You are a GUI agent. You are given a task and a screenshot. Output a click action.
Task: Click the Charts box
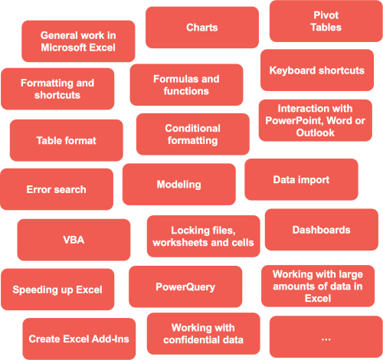coord(202,28)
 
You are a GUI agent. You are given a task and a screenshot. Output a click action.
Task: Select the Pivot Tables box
coord(326,21)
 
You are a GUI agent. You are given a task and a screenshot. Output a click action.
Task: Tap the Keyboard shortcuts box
coord(317,70)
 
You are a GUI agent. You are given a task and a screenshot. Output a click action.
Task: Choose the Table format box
coord(67,140)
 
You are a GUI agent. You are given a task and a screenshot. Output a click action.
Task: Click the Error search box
coord(57,189)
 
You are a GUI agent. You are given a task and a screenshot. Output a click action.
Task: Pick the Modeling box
coord(179,185)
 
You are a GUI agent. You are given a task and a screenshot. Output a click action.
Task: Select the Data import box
coord(301,179)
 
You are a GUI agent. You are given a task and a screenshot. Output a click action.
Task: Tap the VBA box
coord(74,240)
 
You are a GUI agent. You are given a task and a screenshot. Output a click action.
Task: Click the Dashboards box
coord(322,230)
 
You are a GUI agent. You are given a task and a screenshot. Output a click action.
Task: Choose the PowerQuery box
coord(185,286)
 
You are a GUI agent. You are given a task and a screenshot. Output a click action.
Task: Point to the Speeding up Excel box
coord(57,290)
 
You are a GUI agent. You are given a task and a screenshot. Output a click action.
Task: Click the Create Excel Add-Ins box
coord(79,339)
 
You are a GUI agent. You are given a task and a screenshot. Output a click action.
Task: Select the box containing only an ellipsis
coord(326,337)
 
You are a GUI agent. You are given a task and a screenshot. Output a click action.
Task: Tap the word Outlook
coord(316,133)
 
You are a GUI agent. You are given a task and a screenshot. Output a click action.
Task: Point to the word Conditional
coord(192,128)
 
